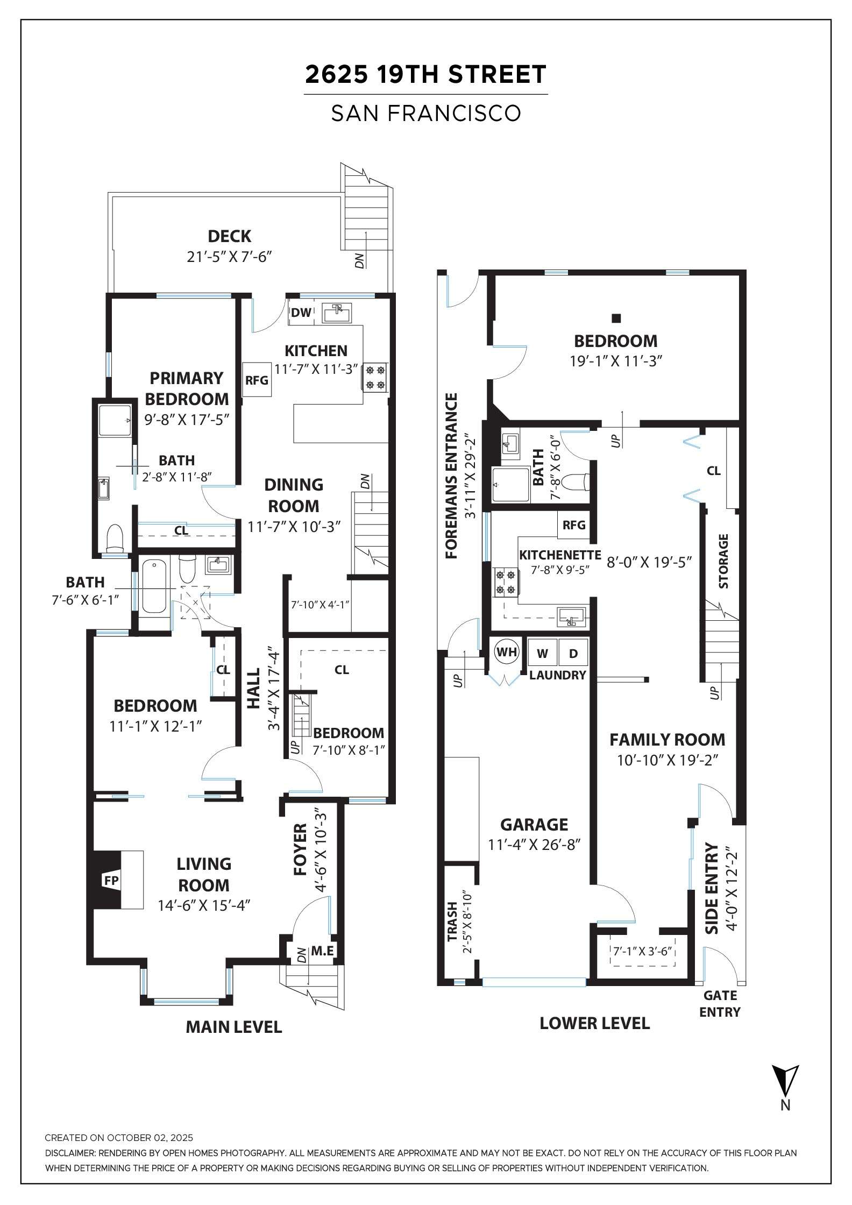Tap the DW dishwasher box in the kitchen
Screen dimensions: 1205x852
(301, 313)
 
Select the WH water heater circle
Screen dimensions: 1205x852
(506, 653)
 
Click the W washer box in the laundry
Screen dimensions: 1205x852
(543, 653)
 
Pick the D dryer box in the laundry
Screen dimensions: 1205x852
(573, 653)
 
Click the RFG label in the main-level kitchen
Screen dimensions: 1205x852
(257, 380)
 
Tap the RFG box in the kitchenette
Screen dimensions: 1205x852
(574, 524)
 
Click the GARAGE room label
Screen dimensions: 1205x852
(534, 825)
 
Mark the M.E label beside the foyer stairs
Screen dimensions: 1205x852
(322, 951)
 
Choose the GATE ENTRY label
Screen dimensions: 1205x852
(720, 1004)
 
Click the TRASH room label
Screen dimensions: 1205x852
(452, 922)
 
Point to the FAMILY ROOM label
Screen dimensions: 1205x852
(667, 740)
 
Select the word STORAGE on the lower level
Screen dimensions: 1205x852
(723, 561)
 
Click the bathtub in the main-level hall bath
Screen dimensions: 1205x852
(154, 586)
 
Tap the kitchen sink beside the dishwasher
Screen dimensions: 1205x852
(337, 313)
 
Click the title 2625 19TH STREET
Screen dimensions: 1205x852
(425, 74)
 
